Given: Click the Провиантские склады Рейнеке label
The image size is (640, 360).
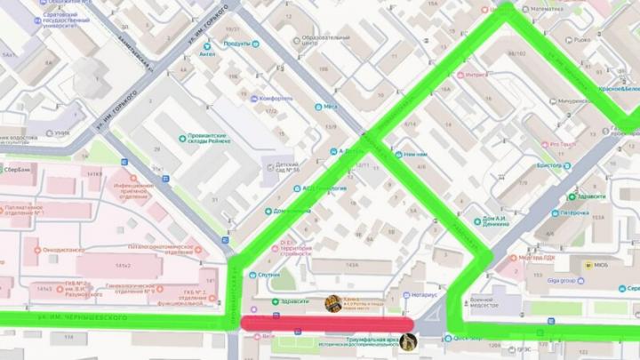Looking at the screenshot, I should pos(207,139).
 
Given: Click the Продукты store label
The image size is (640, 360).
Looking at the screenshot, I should pos(237,43).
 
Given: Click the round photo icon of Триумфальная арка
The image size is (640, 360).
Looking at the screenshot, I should pos(409,340).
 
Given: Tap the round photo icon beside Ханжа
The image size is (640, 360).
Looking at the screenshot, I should pos(334,303).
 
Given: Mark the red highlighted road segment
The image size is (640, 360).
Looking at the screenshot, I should pos(329,322).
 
